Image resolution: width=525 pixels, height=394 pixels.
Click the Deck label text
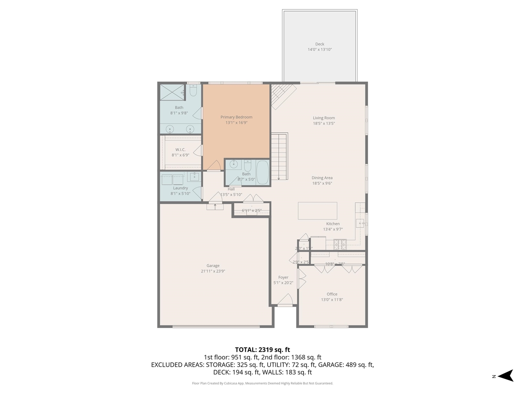click(320, 44)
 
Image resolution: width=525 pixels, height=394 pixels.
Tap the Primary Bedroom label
click(236, 117)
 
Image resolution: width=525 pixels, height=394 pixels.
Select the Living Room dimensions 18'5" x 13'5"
click(324, 124)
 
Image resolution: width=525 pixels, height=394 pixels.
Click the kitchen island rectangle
click(317, 211)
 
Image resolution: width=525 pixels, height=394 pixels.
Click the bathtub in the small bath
click(262, 172)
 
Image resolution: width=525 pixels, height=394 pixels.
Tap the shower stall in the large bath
click(170, 92)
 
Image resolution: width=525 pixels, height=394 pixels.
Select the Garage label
click(213, 266)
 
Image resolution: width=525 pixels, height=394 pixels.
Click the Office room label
click(332, 294)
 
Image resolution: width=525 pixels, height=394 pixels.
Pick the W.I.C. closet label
click(180, 149)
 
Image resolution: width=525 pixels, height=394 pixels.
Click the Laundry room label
click(180, 188)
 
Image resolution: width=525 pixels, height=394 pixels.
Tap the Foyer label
click(283, 277)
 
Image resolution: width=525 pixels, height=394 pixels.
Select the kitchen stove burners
click(340, 245)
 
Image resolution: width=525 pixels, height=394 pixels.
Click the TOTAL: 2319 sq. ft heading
click(262, 350)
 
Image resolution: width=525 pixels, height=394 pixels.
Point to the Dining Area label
click(322, 178)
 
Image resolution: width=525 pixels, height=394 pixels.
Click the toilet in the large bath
click(193, 89)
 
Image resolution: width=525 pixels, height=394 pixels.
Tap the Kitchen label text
click(333, 224)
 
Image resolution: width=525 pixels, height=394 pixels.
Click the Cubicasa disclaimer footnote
click(262, 383)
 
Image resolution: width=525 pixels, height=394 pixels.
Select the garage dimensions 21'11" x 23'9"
click(213, 271)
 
